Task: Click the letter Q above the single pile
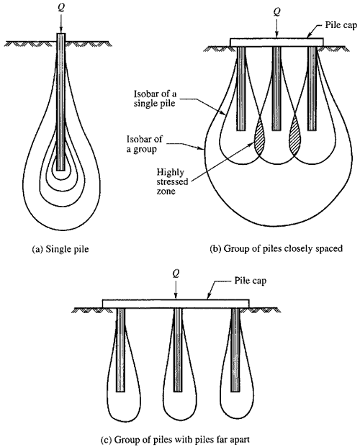coord(61,8)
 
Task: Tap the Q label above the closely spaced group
coord(276,12)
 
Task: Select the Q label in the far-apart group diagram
coord(176,274)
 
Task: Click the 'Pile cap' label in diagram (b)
coord(341,25)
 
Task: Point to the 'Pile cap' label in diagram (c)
coord(250,281)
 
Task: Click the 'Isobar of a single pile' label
coord(154,99)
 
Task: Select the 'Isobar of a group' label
coord(145,144)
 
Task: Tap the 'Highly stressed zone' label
coord(172,181)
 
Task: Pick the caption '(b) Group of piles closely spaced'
coord(276,248)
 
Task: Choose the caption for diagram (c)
coord(175,439)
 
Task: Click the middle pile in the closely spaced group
coord(276,89)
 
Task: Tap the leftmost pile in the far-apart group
coord(120,350)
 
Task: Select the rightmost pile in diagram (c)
coord(235,350)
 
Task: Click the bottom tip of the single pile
coord(60,171)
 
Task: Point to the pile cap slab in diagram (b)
coord(276,42)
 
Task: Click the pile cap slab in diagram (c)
coord(176,304)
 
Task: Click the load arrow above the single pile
coord(60,23)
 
